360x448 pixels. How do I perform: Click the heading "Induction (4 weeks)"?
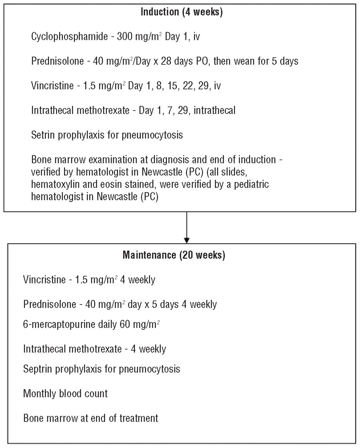click(181, 12)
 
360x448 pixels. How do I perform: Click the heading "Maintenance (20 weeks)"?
click(174, 255)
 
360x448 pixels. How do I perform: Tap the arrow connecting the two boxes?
click(187, 227)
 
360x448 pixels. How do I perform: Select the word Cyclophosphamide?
click(69, 37)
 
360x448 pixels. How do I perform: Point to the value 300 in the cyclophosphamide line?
click(125, 36)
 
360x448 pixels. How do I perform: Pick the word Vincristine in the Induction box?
click(52, 86)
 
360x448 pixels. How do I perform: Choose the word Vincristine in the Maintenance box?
click(44, 280)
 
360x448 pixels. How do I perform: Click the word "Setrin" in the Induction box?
click(43, 135)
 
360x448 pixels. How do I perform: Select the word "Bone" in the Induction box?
click(42, 160)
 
